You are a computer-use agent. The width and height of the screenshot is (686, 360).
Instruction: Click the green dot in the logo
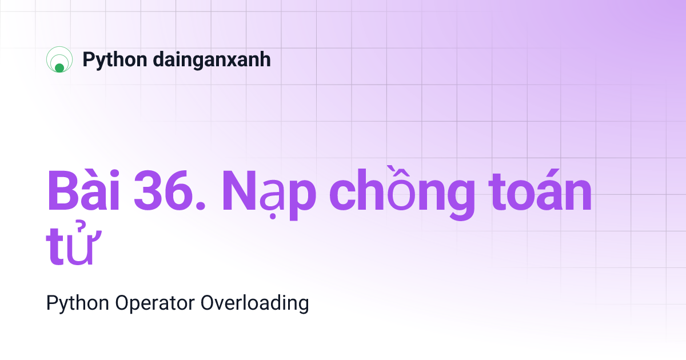[59, 68]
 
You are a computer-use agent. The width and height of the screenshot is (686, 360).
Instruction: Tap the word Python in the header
[115, 59]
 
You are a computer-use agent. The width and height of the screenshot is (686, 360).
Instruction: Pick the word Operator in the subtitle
[155, 303]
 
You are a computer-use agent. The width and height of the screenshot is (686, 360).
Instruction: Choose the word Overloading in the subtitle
[255, 303]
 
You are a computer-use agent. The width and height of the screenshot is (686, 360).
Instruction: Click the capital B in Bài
[62, 193]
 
